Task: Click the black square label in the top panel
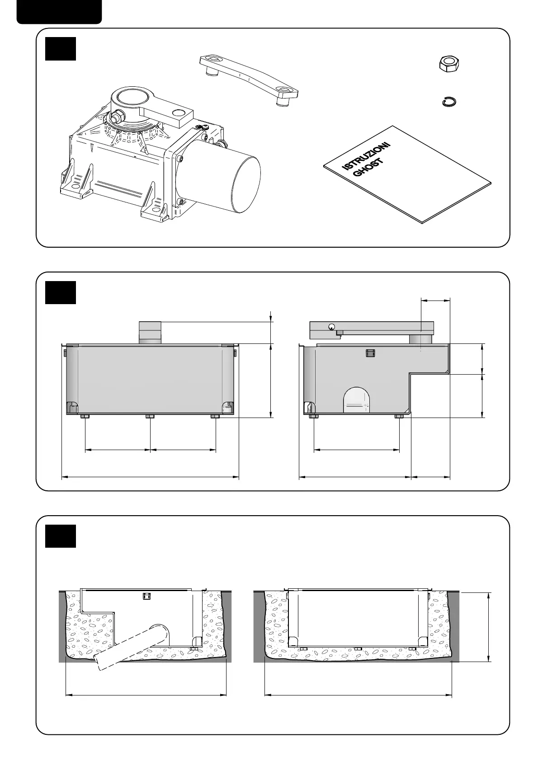click(x=61, y=48)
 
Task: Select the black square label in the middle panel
click(x=61, y=292)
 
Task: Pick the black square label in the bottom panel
click(x=61, y=536)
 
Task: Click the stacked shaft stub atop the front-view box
click(x=150, y=333)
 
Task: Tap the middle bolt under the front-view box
click(x=150, y=416)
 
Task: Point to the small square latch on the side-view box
click(x=370, y=353)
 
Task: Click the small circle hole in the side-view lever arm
click(x=332, y=327)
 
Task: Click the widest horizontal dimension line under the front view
click(x=150, y=476)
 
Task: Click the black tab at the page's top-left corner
click(x=59, y=11)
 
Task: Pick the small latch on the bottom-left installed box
click(x=146, y=596)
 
